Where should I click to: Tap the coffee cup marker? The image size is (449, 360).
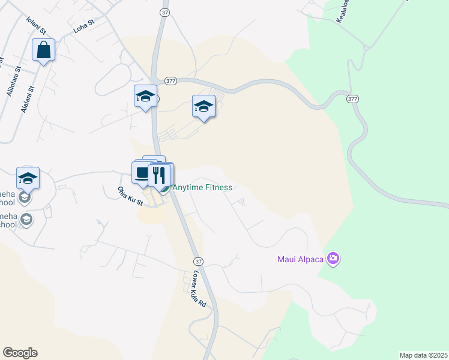tap(142, 173)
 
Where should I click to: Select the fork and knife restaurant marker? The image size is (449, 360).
tap(159, 175)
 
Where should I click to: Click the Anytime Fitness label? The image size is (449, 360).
tap(202, 187)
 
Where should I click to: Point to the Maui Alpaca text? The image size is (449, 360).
tap(301, 259)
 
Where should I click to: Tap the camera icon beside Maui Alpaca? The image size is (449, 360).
tap(334, 259)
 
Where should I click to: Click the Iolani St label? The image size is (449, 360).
tap(36, 26)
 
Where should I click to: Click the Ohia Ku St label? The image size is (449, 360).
tap(130, 196)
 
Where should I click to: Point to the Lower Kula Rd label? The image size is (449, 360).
tap(199, 290)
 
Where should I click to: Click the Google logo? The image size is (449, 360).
tap(20, 353)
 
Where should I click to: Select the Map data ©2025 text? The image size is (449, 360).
tap(423, 355)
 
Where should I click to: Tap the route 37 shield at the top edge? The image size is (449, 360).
tap(165, 12)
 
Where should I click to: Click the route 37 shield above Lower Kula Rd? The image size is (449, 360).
tap(198, 262)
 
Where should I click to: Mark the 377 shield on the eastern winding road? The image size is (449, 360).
tap(352, 98)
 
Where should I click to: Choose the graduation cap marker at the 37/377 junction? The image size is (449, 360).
tap(145, 97)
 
